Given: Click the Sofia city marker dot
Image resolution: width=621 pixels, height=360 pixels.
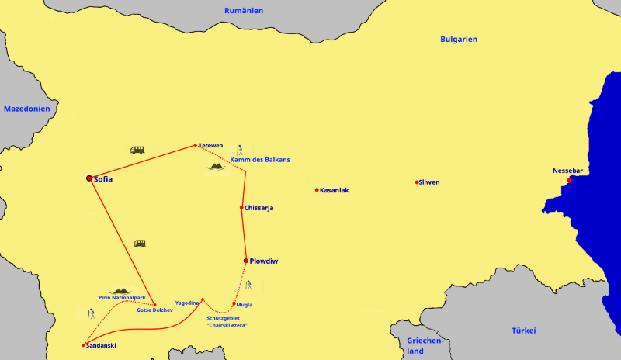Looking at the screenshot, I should pyautogui.click(x=89, y=178).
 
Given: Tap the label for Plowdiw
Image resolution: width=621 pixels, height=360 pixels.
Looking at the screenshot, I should pyautogui.click(x=264, y=261).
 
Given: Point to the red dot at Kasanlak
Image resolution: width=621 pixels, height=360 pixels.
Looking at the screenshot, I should pyautogui.click(x=317, y=189).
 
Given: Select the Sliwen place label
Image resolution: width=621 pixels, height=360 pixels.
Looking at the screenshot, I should pyautogui.click(x=428, y=182).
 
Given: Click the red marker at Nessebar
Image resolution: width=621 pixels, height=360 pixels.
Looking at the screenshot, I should pyautogui.click(x=569, y=180).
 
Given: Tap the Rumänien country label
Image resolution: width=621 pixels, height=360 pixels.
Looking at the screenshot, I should pyautogui.click(x=244, y=11).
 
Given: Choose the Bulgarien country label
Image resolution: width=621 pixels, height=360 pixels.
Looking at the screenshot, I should pyautogui.click(x=459, y=39).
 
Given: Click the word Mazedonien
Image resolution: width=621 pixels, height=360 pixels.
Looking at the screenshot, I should pyautogui.click(x=27, y=109).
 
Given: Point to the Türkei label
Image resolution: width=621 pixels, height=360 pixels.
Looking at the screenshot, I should pyautogui.click(x=523, y=331).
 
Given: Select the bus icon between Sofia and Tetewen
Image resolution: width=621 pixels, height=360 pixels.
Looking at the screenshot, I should pyautogui.click(x=137, y=150).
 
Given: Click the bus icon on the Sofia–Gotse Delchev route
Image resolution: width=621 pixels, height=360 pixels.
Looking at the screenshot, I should pyautogui.click(x=140, y=243).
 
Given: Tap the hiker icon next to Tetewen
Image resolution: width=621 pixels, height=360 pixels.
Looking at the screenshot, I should pyautogui.click(x=240, y=149).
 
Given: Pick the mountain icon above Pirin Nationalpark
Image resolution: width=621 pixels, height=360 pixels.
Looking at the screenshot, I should pyautogui.click(x=121, y=291).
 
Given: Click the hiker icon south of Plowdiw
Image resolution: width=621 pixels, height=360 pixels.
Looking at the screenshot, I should pyautogui.click(x=248, y=285).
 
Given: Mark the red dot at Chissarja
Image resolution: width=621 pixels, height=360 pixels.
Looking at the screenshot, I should pyautogui.click(x=241, y=207).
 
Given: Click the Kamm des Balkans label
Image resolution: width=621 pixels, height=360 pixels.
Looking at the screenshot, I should pyautogui.click(x=260, y=160).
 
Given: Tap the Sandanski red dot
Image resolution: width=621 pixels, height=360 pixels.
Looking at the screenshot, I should pyautogui.click(x=83, y=345).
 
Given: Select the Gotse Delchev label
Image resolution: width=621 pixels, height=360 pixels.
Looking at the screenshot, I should pyautogui.click(x=154, y=310).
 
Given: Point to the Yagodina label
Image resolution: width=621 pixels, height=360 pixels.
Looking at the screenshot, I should pyautogui.click(x=187, y=303).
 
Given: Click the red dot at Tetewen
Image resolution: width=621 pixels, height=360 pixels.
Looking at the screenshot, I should pyautogui.click(x=196, y=145).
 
